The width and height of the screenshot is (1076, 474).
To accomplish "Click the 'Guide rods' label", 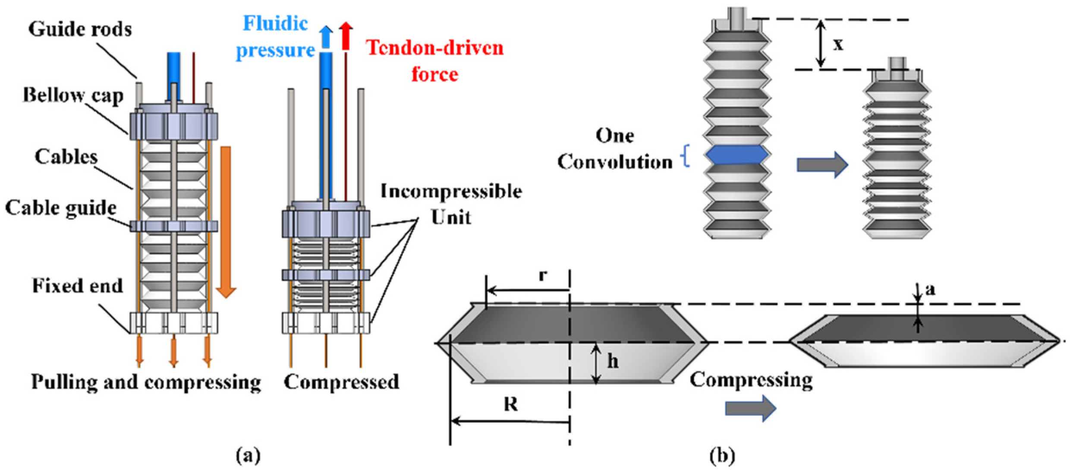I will (x=80, y=29).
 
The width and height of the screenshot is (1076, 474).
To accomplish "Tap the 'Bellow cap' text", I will (x=72, y=95).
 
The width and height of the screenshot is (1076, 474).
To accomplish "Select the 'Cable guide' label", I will (x=61, y=208).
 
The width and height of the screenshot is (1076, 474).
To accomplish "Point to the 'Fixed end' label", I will (x=77, y=286).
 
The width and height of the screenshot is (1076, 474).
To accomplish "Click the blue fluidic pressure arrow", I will (x=326, y=37).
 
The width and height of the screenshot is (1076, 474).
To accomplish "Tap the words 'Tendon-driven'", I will (x=434, y=47).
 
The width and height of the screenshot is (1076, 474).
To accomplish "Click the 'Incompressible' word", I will (x=451, y=191).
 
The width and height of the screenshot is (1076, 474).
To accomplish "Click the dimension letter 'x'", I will (x=838, y=44).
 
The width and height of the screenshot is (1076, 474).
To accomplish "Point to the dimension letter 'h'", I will (x=613, y=361).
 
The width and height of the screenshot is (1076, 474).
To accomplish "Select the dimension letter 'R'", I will (x=511, y=404).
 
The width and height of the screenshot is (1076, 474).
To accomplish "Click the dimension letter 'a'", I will (x=930, y=290).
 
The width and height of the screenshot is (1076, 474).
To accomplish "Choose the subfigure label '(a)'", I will (x=248, y=455).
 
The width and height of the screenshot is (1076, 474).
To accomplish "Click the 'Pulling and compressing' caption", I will (x=146, y=382).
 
